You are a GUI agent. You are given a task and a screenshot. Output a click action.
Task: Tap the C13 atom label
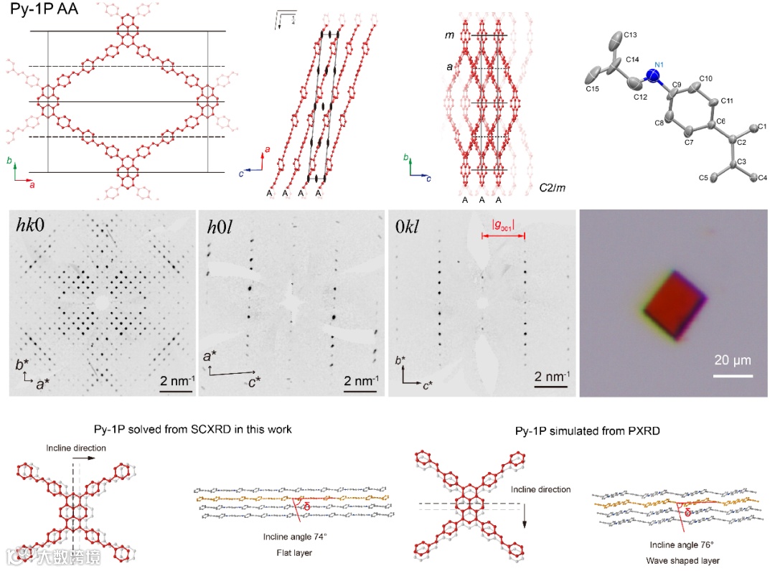631,34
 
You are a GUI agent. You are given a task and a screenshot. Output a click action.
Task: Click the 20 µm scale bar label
733,360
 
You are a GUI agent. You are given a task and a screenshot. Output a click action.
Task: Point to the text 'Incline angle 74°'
295,534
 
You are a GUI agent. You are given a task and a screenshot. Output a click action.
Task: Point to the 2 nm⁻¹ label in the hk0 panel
175,379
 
